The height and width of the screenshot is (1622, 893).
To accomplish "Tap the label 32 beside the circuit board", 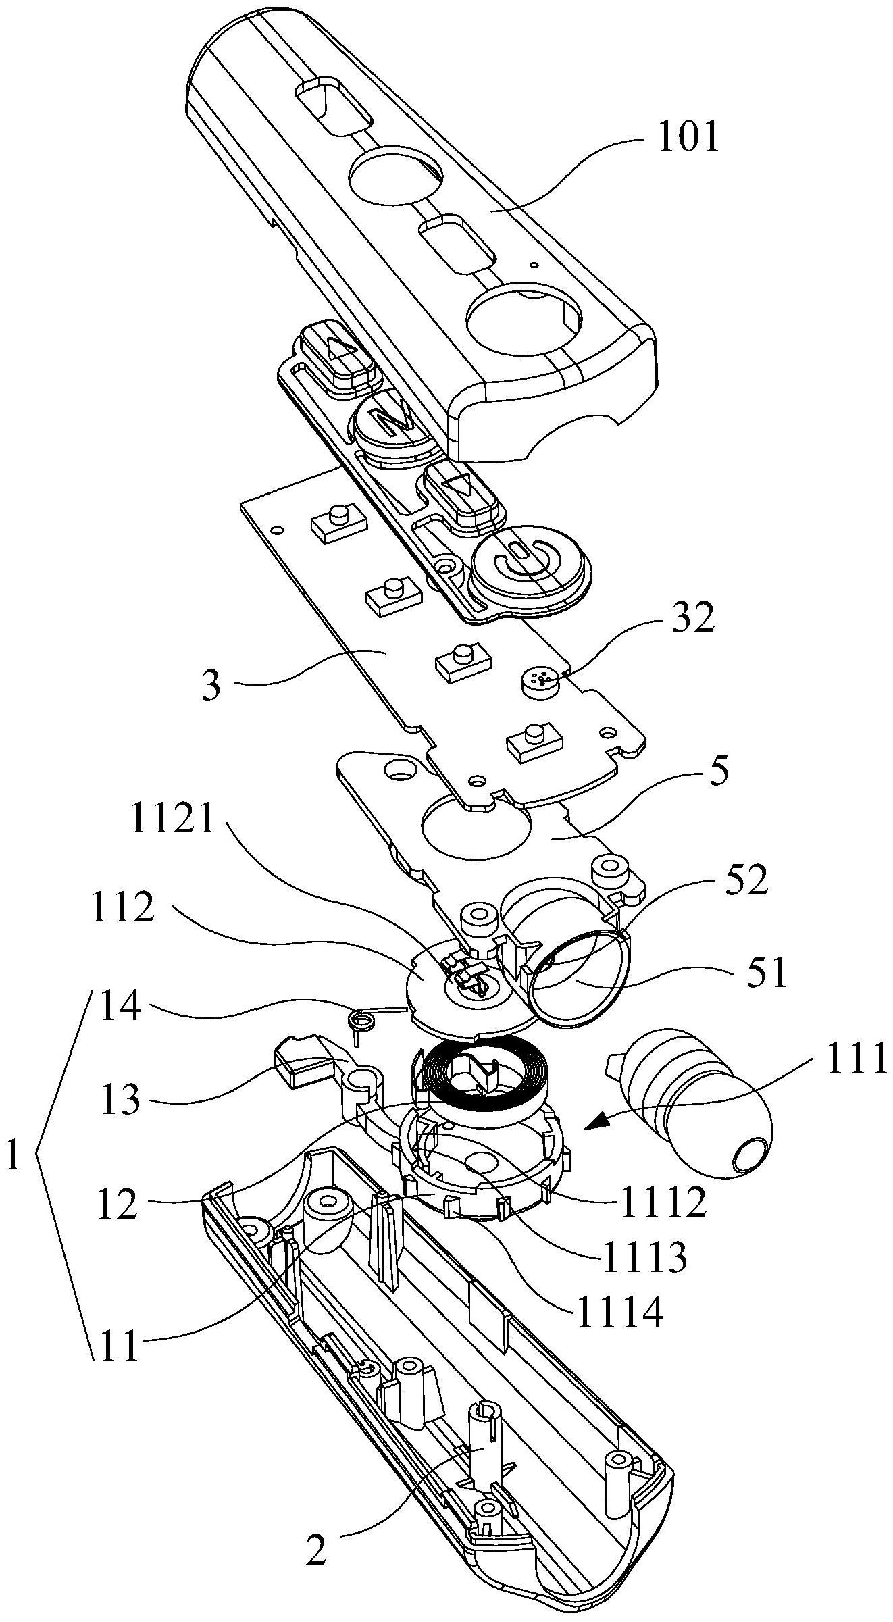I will tap(693, 618).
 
